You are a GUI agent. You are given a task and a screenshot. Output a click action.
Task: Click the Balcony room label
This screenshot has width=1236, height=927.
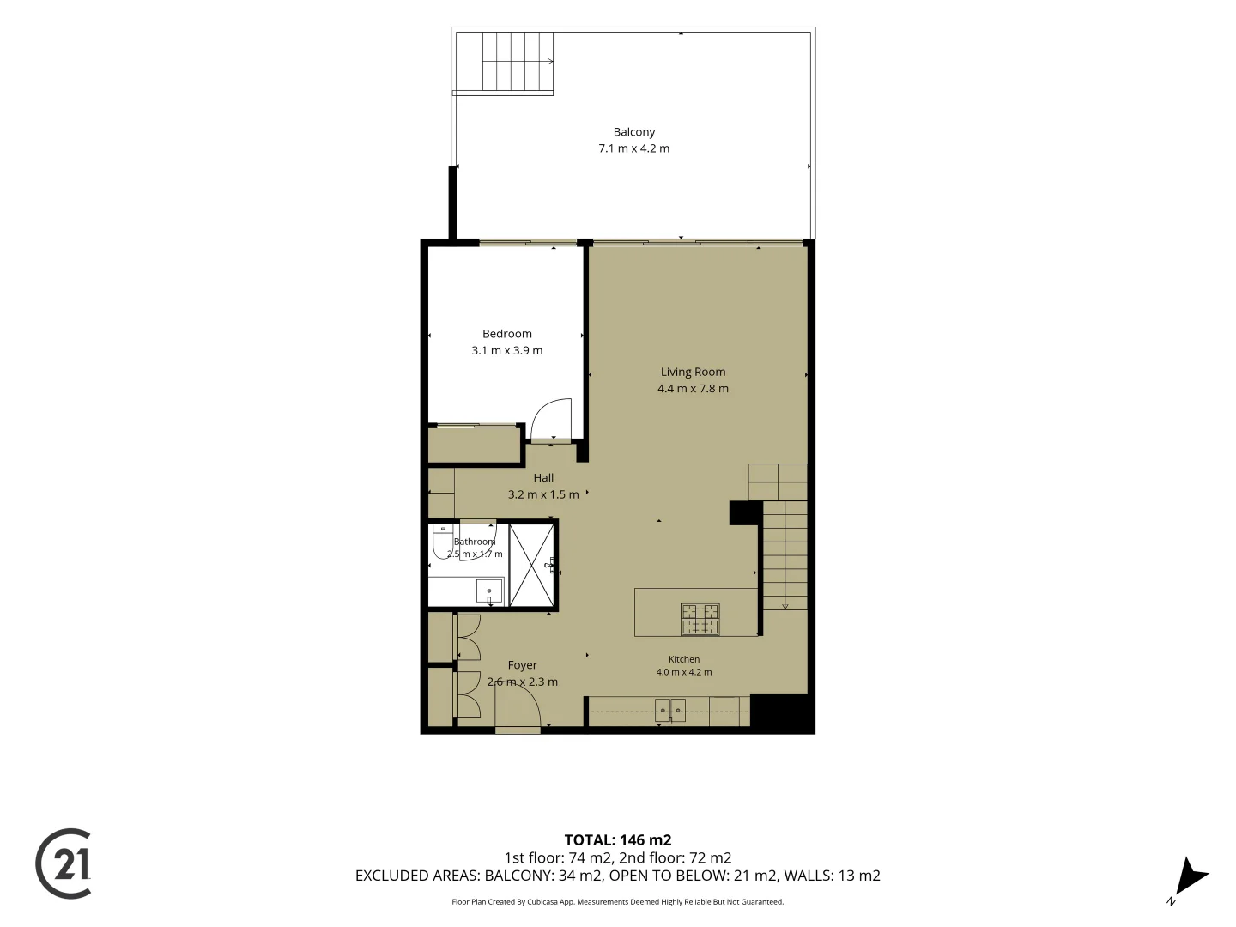[633, 132]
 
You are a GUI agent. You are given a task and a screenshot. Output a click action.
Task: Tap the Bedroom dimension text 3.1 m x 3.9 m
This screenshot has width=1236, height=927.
[506, 350]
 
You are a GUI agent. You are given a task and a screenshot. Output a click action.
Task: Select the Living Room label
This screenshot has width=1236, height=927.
[693, 372]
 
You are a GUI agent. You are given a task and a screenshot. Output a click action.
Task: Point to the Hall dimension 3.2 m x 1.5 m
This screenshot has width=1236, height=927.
[542, 494]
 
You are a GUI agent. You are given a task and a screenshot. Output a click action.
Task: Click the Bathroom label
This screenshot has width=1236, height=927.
[474, 542]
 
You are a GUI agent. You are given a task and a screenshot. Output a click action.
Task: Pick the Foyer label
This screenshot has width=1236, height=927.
[522, 664]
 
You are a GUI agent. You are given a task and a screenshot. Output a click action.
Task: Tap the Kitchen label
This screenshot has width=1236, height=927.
[683, 659]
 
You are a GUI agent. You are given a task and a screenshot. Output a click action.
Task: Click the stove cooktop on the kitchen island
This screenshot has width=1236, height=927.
[700, 619]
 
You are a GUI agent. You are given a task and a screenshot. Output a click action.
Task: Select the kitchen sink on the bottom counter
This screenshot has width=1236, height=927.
[669, 711]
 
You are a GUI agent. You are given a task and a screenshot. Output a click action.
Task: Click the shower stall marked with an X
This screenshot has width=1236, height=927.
[531, 565]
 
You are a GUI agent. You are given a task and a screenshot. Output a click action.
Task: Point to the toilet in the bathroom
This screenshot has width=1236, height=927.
[443, 541]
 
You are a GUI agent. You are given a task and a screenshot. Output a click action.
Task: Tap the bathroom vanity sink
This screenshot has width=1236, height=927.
[489, 591]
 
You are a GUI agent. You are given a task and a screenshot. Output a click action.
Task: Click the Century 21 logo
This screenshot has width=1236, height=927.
[63, 863]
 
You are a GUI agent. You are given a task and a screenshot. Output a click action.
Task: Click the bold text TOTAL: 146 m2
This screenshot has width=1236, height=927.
[618, 840]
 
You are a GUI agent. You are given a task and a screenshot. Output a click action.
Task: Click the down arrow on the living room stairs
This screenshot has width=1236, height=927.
[785, 607]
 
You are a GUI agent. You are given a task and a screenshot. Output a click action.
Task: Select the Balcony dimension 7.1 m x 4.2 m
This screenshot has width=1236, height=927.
[633, 148]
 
